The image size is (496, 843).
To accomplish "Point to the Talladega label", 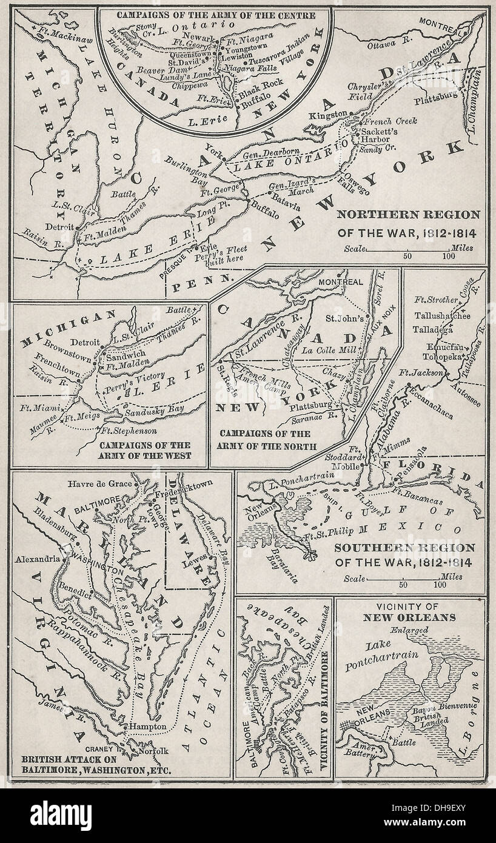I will click(434, 329).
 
